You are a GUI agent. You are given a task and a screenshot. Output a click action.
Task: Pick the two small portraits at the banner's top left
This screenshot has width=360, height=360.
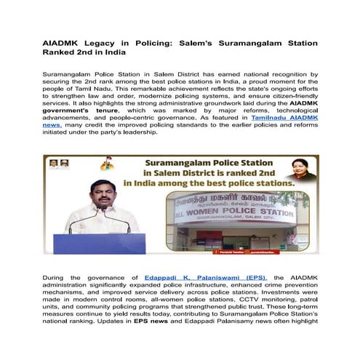click(x=59, y=164)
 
